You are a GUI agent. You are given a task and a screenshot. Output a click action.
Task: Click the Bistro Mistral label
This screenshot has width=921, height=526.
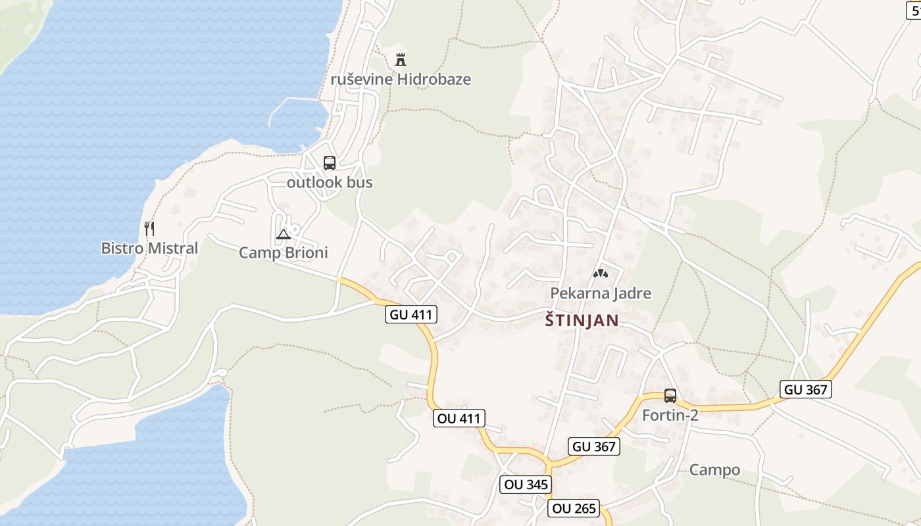pos(149,249)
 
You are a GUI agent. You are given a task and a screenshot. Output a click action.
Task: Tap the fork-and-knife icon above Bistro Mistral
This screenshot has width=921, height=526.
pos(149,229)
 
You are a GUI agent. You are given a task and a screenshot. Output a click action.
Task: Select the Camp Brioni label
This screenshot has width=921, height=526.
pos(283,252)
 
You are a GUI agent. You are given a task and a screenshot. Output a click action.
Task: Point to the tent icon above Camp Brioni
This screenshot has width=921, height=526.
pos(283,234)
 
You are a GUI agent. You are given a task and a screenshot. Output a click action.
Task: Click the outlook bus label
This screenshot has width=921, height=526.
pos(330,182)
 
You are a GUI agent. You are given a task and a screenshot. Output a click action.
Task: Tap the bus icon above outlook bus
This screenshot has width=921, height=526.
pos(330,163)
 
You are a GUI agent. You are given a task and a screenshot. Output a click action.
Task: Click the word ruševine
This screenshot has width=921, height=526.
pos(361,80)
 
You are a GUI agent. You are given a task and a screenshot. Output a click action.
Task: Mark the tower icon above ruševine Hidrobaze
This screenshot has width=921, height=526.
pos(400,60)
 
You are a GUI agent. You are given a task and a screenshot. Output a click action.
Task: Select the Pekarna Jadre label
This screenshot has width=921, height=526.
pos(601,293)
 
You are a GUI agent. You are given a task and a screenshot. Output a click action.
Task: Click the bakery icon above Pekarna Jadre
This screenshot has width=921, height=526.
pos(600,274)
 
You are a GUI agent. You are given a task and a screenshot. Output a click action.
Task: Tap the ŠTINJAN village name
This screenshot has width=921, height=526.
pos(582,321)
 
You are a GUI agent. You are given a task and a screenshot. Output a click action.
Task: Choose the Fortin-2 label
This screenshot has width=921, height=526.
pos(670,415)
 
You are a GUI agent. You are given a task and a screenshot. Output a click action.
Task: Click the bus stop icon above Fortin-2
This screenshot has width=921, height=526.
pos(670,396)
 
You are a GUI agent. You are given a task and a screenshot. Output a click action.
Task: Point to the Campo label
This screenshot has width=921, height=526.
pos(714,470)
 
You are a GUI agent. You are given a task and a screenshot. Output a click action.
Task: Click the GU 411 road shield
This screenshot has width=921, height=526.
pos(411,314)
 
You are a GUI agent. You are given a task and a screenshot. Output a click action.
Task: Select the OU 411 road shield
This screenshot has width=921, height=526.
pos(459,418)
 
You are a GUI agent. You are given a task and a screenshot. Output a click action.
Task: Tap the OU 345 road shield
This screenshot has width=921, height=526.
pos(525,485)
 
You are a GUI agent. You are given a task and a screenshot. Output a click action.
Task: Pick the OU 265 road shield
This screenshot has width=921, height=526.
pos(574,508)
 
